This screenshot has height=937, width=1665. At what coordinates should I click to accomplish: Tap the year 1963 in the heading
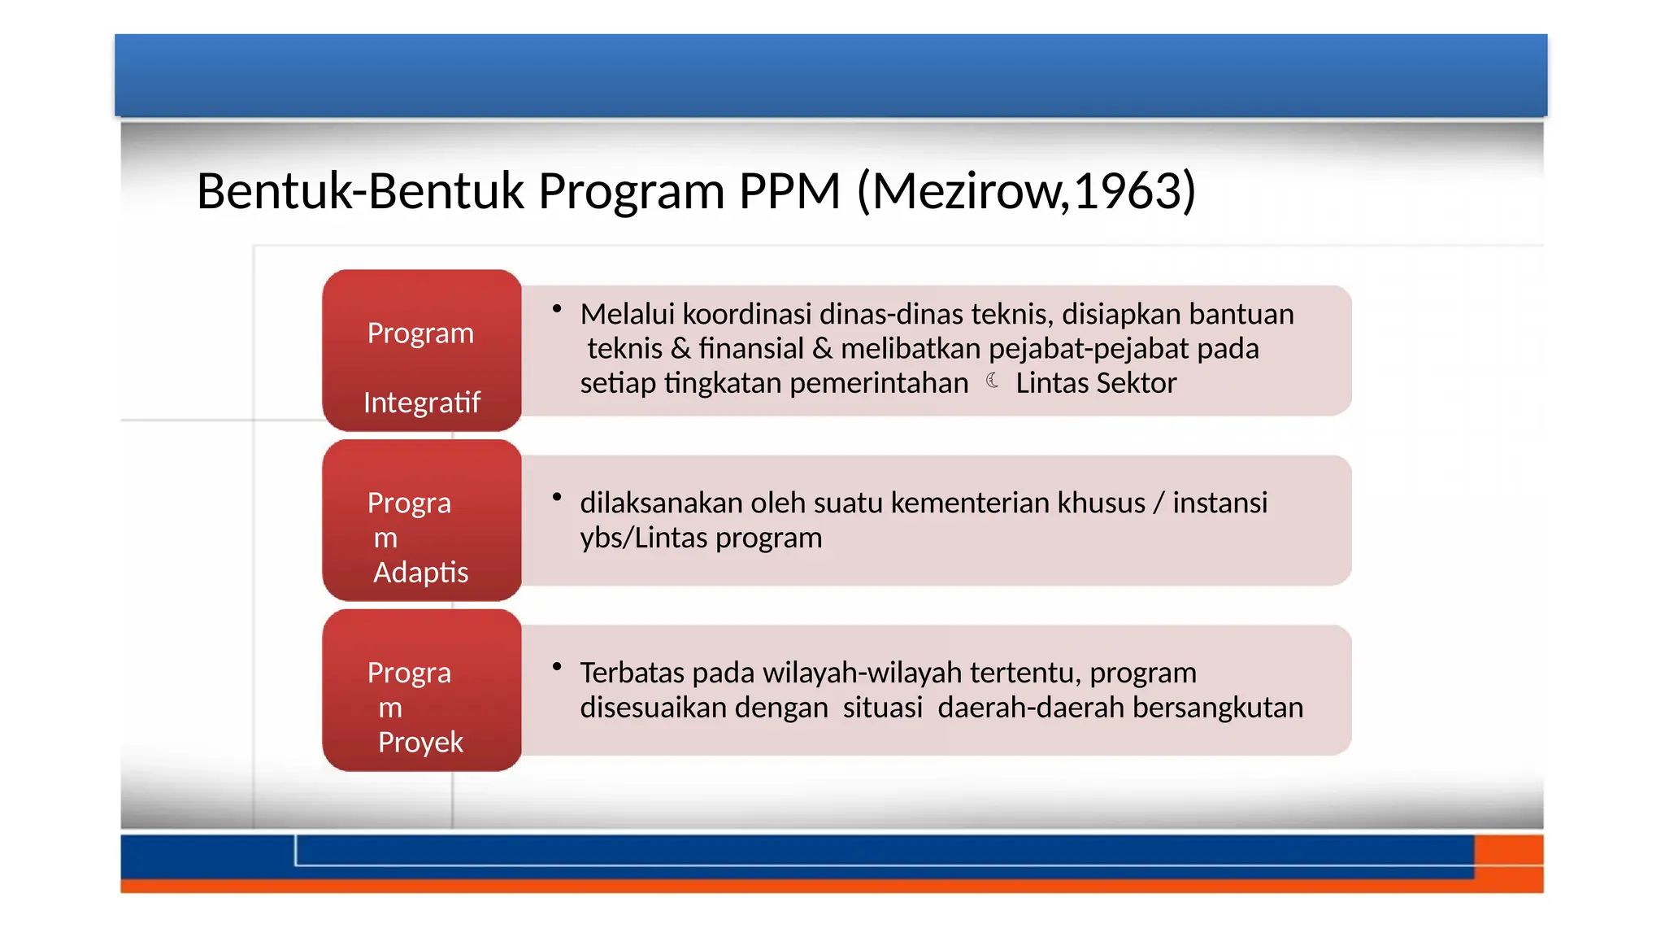coord(1127,192)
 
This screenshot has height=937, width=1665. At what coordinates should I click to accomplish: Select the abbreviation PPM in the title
coord(789,192)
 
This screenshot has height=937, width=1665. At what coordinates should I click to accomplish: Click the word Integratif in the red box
coord(421,403)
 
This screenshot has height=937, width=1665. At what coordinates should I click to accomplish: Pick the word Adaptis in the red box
coord(420,573)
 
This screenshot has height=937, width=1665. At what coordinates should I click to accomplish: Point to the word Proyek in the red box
coord(420,743)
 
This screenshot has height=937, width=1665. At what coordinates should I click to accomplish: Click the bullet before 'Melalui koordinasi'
coord(557,309)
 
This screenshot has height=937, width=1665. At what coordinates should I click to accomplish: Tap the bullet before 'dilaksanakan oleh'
coord(557,498)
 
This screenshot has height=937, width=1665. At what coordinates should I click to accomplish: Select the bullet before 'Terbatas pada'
coord(557,668)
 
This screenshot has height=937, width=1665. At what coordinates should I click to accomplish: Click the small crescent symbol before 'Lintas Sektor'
coord(993,381)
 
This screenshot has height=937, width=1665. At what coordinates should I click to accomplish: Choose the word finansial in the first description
coord(750,349)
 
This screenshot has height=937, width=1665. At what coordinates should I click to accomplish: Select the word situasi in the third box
coord(882,708)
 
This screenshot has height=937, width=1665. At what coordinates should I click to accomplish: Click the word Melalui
coord(627,315)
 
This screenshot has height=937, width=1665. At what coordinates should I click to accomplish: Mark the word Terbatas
coord(632,673)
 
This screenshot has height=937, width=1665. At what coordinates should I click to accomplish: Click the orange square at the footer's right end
coord(1509,863)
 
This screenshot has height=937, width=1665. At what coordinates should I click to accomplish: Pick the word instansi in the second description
coord(1219,503)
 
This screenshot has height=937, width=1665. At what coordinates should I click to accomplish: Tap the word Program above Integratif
coord(420,333)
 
